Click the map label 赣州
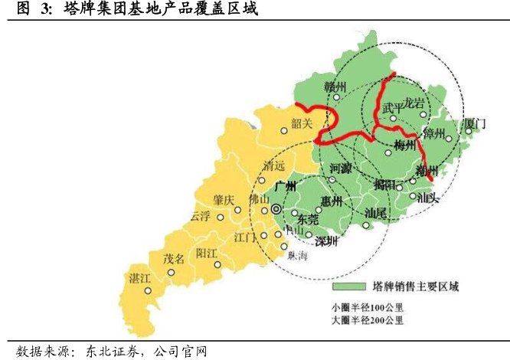click(336, 86)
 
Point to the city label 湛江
click(140, 277)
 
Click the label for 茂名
click(175, 258)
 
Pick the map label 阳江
click(208, 253)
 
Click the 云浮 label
click(200, 216)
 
